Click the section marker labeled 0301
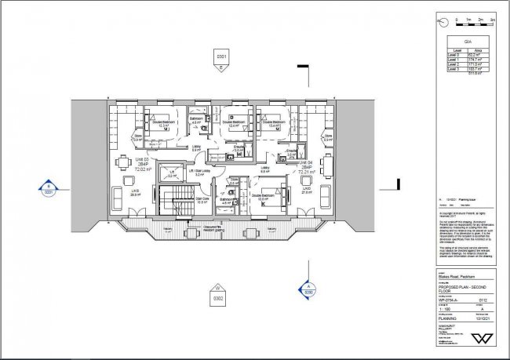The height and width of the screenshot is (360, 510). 221,60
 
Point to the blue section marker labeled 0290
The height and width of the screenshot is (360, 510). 308,288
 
